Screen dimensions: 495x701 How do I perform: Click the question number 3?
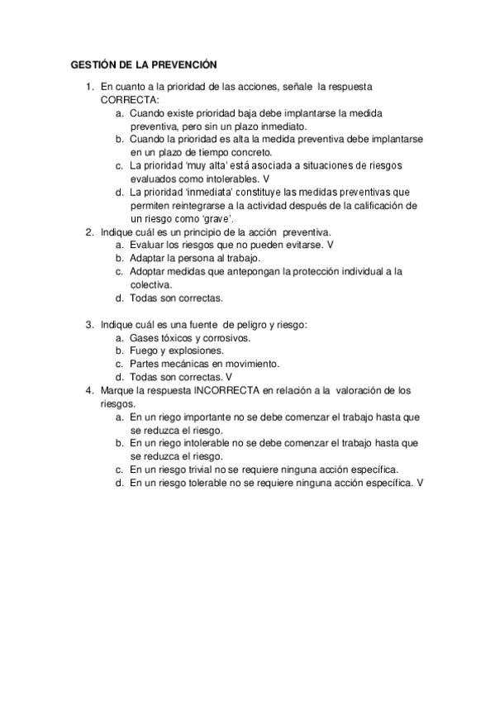click(89, 326)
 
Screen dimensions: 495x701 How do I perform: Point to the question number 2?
click(89, 232)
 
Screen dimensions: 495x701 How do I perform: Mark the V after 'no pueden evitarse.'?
click(330, 246)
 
